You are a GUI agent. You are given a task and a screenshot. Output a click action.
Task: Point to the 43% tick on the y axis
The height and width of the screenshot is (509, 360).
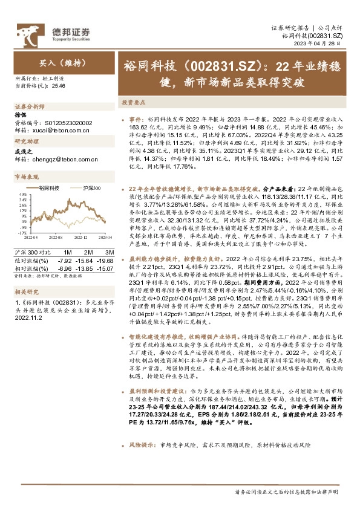(21, 195)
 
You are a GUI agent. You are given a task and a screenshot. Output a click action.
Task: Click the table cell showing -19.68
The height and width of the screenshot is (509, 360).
(107, 259)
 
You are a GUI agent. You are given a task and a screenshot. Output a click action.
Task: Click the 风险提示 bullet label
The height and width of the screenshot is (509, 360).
(142, 444)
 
